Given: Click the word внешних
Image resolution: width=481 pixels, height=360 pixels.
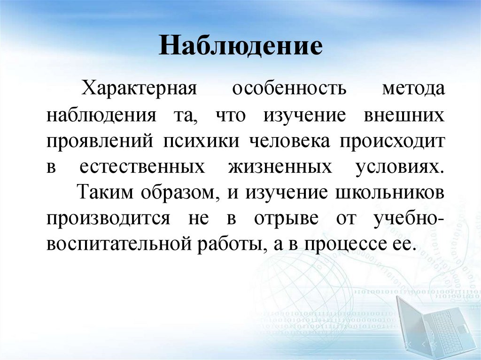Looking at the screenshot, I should [x=404, y=115].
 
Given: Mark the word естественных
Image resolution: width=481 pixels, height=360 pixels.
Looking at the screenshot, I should [x=141, y=168].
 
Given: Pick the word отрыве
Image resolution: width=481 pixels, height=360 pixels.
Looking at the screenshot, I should [x=287, y=219].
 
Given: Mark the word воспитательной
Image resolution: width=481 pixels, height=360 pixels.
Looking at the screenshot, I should [x=119, y=245].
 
